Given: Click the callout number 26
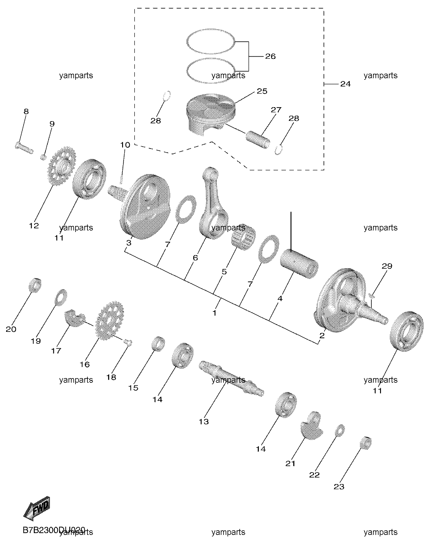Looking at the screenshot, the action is pyautogui.click(x=270, y=57).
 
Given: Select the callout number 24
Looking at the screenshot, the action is pyautogui.click(x=345, y=84).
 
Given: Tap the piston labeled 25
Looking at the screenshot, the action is pyautogui.click(x=211, y=114).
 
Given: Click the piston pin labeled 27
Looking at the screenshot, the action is pyautogui.click(x=258, y=139).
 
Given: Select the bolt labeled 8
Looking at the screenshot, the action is pyautogui.click(x=24, y=148).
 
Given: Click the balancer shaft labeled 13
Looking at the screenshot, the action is pyautogui.click(x=231, y=378).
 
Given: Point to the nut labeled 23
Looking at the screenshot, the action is pyautogui.click(x=366, y=442).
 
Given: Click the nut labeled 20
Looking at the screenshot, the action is pyautogui.click(x=35, y=285).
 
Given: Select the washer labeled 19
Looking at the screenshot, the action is pyautogui.click(x=61, y=297).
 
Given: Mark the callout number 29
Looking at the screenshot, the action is pyautogui.click(x=387, y=266).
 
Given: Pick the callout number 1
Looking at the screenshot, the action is pyautogui.click(x=214, y=313).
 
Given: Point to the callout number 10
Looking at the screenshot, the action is pyautogui.click(x=125, y=145).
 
